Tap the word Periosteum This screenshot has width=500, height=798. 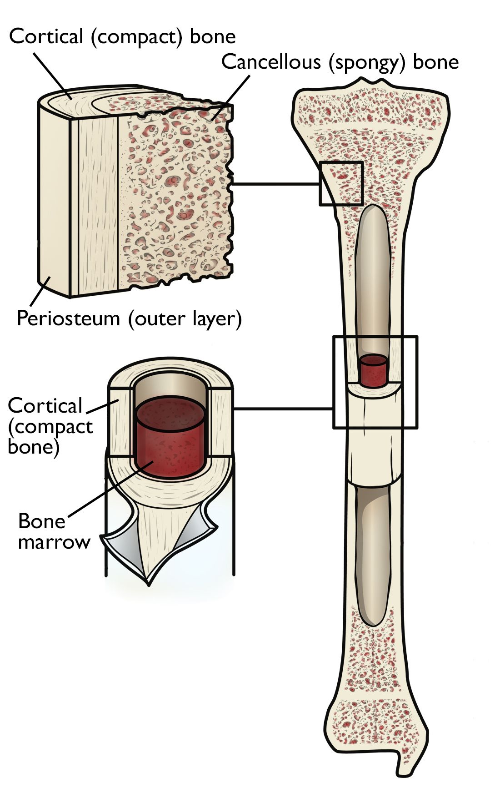68,318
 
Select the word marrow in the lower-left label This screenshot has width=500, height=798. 54,542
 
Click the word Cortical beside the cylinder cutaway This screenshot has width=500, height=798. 45,406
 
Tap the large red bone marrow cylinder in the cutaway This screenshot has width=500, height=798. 169,437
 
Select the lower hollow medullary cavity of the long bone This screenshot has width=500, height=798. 372,555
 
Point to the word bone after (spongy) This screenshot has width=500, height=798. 435,62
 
